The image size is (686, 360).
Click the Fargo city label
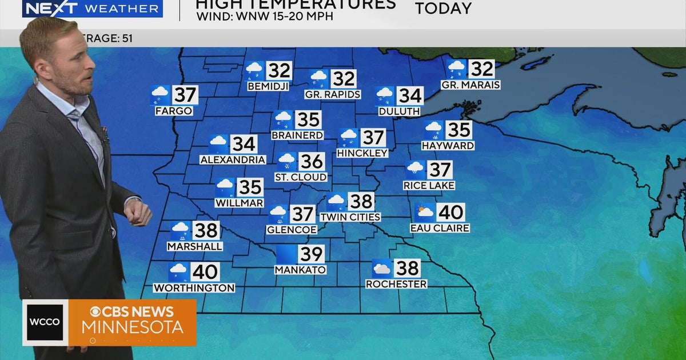[174, 111]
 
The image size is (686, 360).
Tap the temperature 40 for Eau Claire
[450, 213]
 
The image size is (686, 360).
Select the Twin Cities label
[350, 217]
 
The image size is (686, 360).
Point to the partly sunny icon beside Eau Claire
[425, 213]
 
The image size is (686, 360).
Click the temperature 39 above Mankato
[311, 254]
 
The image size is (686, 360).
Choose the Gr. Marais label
[470, 85]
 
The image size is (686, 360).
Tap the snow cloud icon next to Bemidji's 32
[254, 71]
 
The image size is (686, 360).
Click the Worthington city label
[194, 288]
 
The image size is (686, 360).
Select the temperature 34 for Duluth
[410, 95]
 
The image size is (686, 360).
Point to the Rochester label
[396, 284]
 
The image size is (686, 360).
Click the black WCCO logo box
[45, 322]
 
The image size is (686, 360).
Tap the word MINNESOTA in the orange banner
[133, 327]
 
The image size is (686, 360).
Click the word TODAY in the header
[443, 9]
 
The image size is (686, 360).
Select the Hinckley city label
[362, 153]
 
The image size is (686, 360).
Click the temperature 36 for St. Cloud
[312, 162]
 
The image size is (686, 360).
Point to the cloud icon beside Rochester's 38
[381, 269]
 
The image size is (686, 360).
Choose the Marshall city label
[195, 246]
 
